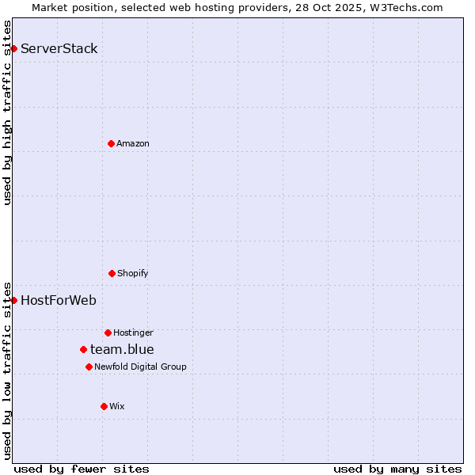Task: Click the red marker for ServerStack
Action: [13, 49]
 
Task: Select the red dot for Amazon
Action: [111, 143]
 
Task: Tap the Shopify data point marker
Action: [112, 273]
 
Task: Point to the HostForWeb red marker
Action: [13, 300]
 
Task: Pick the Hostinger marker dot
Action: [108, 332]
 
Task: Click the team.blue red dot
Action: [83, 349]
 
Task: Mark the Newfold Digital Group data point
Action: [89, 367]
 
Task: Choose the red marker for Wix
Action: [104, 406]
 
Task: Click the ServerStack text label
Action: [59, 49]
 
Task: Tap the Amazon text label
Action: [133, 143]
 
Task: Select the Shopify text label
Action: [133, 273]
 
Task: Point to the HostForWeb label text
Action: [59, 300]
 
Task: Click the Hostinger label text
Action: [133, 332]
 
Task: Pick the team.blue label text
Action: [122, 349]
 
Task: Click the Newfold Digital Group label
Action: [140, 367]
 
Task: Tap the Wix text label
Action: [117, 406]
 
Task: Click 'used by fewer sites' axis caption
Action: [82, 469]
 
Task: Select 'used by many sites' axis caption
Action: [397, 469]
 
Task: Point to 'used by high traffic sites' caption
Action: [8, 112]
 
